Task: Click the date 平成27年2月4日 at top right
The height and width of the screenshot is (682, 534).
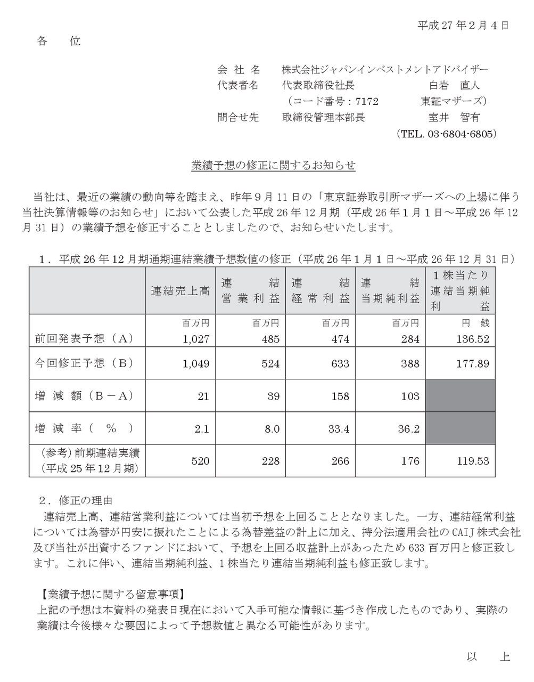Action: (x=463, y=25)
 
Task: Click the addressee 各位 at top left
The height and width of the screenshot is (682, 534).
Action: (x=59, y=41)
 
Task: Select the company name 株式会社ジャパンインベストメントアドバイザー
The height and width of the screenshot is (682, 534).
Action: (x=384, y=69)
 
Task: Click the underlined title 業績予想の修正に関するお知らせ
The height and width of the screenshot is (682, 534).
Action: (x=273, y=166)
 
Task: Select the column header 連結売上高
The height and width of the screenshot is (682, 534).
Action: (x=180, y=291)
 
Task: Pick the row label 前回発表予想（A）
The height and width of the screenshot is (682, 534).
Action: (x=83, y=338)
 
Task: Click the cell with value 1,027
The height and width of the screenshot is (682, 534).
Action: (x=195, y=339)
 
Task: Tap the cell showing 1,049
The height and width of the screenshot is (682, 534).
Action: (x=195, y=363)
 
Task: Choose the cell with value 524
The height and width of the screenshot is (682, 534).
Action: (x=270, y=363)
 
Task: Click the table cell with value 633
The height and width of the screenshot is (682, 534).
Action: (x=340, y=363)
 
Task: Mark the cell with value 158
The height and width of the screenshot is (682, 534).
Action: (x=340, y=396)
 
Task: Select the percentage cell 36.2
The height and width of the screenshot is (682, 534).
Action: (x=408, y=428)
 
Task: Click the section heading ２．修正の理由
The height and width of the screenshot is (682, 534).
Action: (x=76, y=500)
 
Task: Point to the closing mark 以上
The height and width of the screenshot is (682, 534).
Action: (x=488, y=657)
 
